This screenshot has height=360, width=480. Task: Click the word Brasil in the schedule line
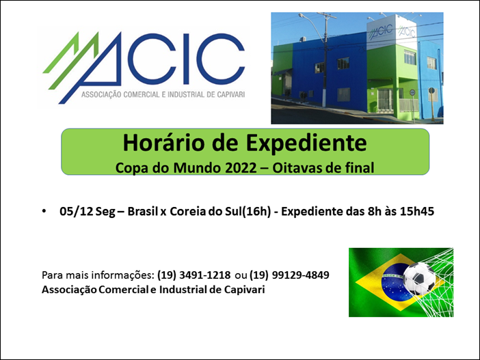pyautogui.click(x=142, y=211)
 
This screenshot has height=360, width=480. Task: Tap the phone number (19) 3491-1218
pyautogui.click(x=194, y=275)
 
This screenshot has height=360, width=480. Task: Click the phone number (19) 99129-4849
pyautogui.click(x=289, y=275)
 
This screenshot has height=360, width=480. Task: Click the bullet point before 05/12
pyautogui.click(x=44, y=211)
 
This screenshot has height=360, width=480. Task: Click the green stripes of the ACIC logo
pyautogui.click(x=71, y=59)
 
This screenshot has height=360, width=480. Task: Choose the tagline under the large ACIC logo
pyautogui.click(x=163, y=94)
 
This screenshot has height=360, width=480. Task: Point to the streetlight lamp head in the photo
pyautogui.click(x=302, y=16)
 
